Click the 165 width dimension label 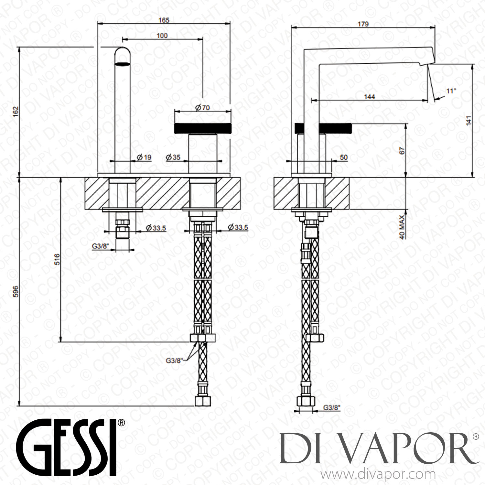pyautogui.click(x=164, y=20)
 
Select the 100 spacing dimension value pyautogui.click(x=162, y=36)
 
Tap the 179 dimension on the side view pyautogui.click(x=363, y=24)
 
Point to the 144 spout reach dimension pyautogui.click(x=369, y=97)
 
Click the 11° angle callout pyautogui.click(x=451, y=91)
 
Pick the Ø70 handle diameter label pyautogui.click(x=202, y=108)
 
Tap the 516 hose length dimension pyautogui.click(x=57, y=259)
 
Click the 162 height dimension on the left pyautogui.click(x=17, y=112)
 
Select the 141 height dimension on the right pyautogui.click(x=469, y=120)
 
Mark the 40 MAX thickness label pyautogui.click(x=402, y=227)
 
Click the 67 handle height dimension pyautogui.click(x=402, y=151)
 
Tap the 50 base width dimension pyautogui.click(x=344, y=157)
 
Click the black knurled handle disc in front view pyautogui.click(x=203, y=128)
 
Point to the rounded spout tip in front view pyautogui.click(x=123, y=56)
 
